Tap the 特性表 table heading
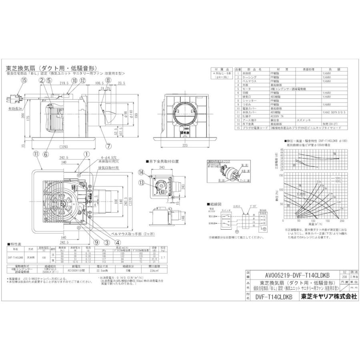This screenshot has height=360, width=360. click(15, 244)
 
